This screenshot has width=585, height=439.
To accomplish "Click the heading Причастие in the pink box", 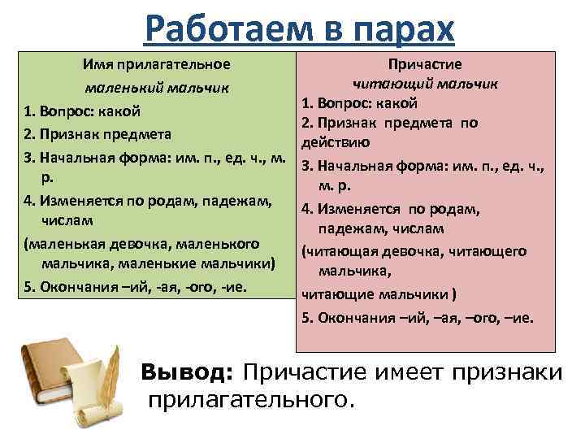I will click(425, 64).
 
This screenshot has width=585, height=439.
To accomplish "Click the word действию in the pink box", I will click(336, 142).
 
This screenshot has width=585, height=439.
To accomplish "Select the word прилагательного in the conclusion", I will click(251, 399).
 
